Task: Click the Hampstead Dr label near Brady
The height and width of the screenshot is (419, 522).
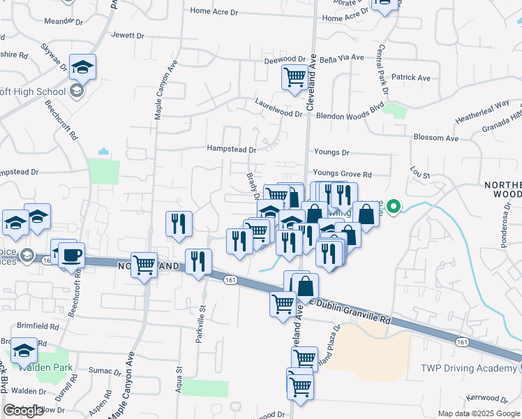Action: point(232,149)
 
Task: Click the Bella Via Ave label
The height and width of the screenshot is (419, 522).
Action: point(342,57)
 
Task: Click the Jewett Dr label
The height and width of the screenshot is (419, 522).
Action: point(127,35)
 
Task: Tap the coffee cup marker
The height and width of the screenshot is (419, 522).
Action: point(71,256)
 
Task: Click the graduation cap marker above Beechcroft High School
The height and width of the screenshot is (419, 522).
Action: point(82,67)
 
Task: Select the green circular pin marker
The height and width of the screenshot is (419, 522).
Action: point(394,207)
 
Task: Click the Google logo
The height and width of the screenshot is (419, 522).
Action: point(24,411)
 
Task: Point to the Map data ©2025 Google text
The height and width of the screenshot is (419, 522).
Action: point(479,413)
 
